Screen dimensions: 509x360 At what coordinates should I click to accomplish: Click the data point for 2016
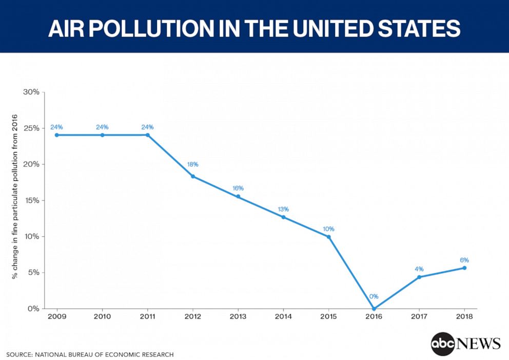pyautogui.click(x=374, y=309)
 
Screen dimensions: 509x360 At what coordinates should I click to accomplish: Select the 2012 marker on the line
pyautogui.click(x=193, y=177)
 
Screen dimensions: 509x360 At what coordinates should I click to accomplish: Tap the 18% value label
pyautogui.click(x=192, y=164)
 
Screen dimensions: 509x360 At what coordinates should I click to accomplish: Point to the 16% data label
pyautogui.click(x=238, y=188)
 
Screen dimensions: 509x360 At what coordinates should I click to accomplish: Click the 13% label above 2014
pyautogui.click(x=283, y=209)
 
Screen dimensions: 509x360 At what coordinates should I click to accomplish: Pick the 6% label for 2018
pyautogui.click(x=464, y=260)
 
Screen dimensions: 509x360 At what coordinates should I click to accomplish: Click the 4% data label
pyautogui.click(x=419, y=269)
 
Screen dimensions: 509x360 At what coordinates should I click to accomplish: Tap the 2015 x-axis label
pyautogui.click(x=328, y=316)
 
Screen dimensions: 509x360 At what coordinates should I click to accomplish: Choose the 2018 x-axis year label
pyautogui.click(x=464, y=316)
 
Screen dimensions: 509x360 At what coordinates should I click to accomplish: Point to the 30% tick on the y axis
pyautogui.click(x=31, y=92)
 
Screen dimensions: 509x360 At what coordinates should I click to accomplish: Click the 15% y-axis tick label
pyautogui.click(x=32, y=200)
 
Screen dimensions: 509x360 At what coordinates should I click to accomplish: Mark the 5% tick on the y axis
pyautogui.click(x=34, y=272)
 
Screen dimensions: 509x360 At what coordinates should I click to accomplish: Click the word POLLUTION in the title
pyautogui.click(x=151, y=28)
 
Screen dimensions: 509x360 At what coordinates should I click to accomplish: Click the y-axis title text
pyautogui.click(x=14, y=197)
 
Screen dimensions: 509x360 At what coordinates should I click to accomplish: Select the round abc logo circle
pyautogui.click(x=443, y=344)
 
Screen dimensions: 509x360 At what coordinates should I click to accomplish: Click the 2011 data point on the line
pyautogui.click(x=148, y=135)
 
